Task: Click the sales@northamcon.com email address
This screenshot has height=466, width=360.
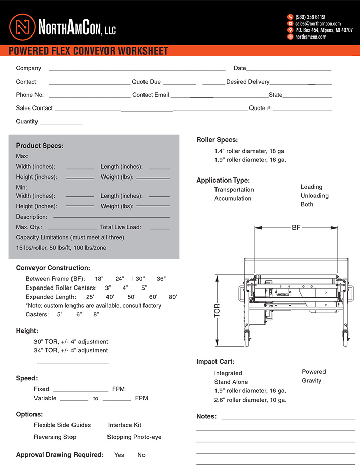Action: (317, 23)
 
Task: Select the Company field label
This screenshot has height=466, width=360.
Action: (28, 68)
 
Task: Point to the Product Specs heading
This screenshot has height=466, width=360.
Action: (40, 146)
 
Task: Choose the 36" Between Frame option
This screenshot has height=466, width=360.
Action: (161, 279)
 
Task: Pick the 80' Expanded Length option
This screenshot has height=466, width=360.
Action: (173, 297)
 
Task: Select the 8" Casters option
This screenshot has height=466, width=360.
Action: (96, 314)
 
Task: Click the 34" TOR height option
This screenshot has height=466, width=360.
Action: (71, 350)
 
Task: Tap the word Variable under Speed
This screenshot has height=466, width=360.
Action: (45, 398)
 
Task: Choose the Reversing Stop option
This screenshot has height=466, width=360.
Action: (55, 437)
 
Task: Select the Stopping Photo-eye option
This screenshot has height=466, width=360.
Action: (134, 437)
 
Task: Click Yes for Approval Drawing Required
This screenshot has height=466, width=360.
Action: (119, 455)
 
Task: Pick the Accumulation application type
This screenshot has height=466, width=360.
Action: (233, 198)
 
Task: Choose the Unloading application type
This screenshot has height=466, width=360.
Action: (314, 196)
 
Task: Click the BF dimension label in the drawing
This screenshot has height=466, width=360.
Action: (296, 227)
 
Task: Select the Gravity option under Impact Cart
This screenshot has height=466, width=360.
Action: (311, 381)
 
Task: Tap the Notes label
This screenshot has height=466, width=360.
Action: (206, 416)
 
